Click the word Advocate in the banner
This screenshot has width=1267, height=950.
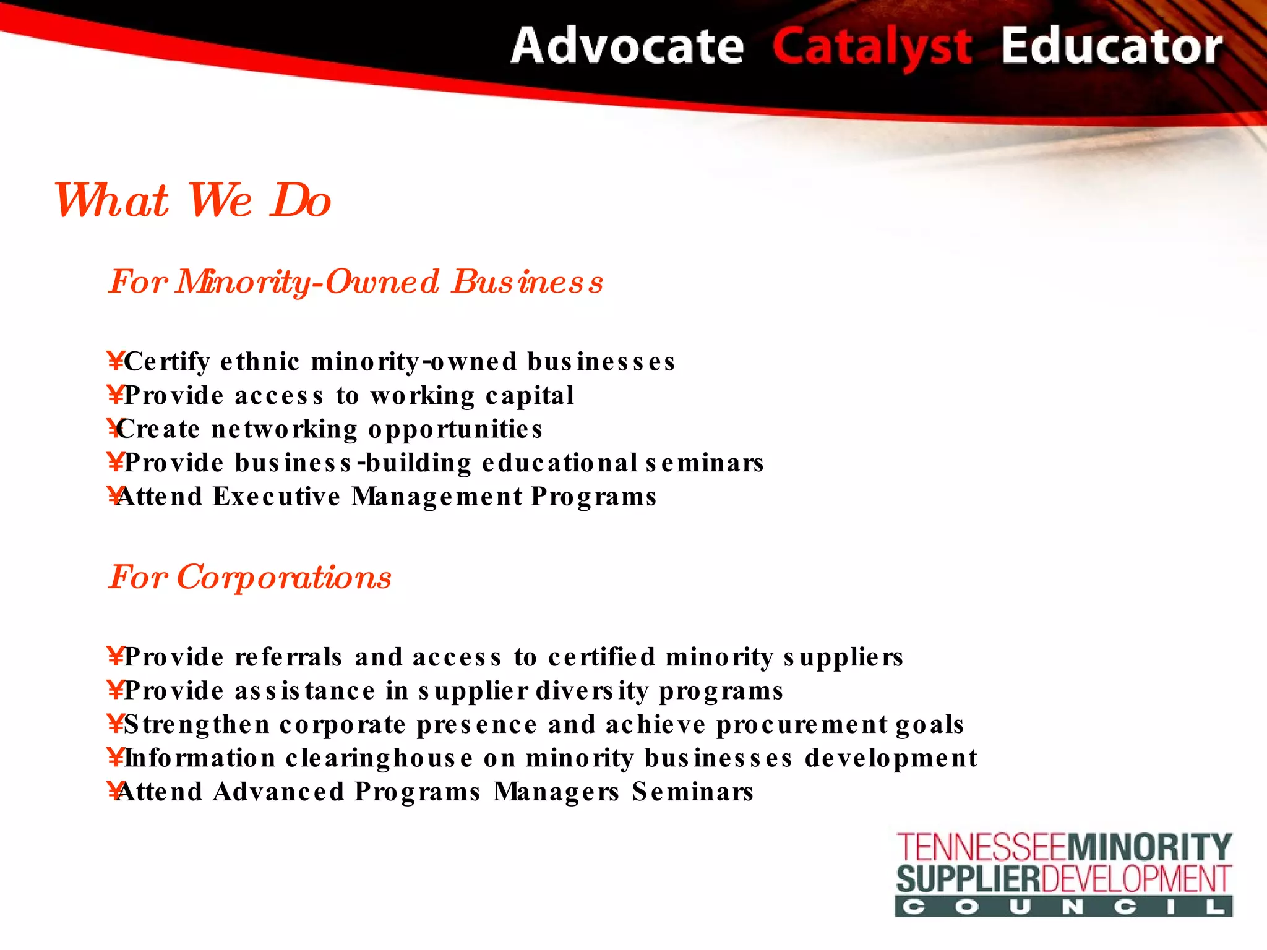[627, 46]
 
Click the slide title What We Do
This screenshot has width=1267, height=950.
[192, 201]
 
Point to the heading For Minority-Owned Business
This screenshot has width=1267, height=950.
[356, 282]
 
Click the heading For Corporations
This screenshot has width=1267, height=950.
[250, 578]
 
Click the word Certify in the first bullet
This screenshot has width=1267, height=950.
[167, 362]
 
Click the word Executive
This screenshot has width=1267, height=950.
[277, 497]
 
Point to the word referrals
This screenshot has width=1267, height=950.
[288, 657]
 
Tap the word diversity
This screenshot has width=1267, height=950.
[591, 691]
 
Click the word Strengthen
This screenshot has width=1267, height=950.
[197, 724]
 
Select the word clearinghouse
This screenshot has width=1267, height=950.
[379, 758]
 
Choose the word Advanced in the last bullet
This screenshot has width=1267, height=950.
[278, 792]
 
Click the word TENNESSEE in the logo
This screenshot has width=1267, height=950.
[982, 847]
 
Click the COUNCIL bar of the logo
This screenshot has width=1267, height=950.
[1063, 907]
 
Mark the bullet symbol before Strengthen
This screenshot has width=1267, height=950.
[115, 723]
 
